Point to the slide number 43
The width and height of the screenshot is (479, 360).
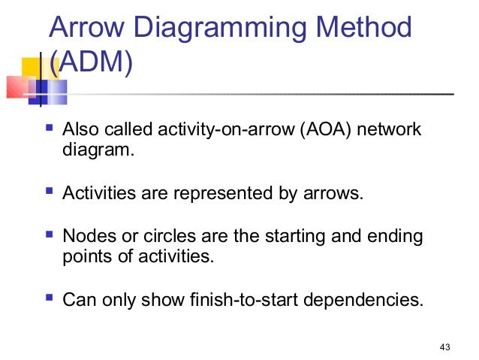444,347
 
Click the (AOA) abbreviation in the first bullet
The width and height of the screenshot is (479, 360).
322,130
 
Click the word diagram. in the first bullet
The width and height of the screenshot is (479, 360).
98,150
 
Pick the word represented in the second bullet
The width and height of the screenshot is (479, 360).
221,194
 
